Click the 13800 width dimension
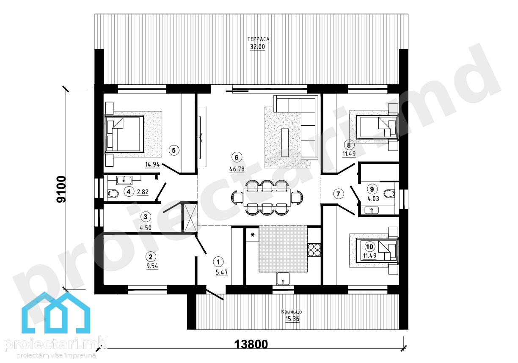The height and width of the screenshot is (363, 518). [x=251, y=344]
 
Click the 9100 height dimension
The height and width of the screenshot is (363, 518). [x=61, y=190]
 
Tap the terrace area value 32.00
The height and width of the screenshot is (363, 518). [x=257, y=47]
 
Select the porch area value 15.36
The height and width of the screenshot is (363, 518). [x=292, y=319]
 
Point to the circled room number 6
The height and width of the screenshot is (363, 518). [x=237, y=157]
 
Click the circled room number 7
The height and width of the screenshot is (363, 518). [x=338, y=193]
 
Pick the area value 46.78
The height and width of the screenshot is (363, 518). [x=237, y=169]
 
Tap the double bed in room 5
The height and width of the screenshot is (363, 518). [x=124, y=134]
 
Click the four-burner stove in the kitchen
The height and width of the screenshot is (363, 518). [x=314, y=250]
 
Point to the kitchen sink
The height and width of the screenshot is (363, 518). [x=283, y=279]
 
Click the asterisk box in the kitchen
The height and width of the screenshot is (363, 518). [x=252, y=235]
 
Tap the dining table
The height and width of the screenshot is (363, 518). [x=267, y=198]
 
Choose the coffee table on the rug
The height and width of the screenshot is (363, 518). [x=285, y=143]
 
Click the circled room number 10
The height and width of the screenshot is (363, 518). [x=369, y=247]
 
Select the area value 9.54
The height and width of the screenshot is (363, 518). [x=152, y=266]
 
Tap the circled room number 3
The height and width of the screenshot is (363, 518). [x=146, y=217]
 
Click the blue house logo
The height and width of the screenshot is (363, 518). [x=56, y=313]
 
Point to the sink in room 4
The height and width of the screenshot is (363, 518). [x=124, y=180]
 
